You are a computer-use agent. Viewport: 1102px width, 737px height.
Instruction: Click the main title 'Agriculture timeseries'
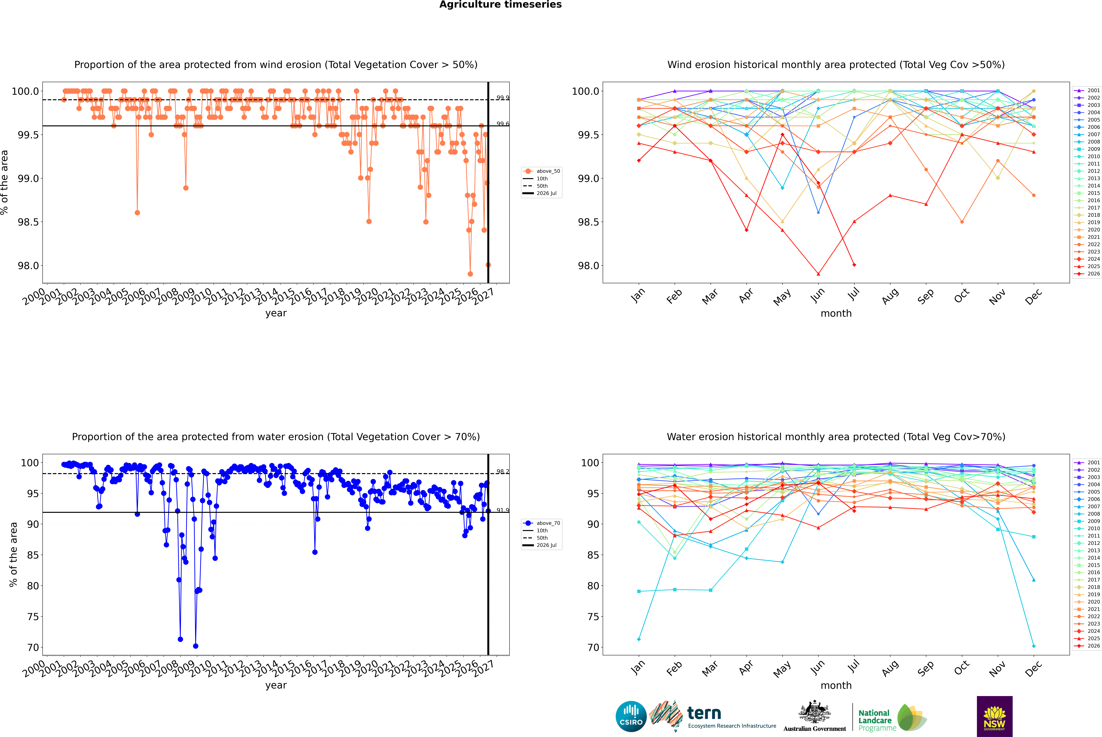point(500,5)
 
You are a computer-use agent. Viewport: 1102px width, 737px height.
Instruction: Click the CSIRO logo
point(631,716)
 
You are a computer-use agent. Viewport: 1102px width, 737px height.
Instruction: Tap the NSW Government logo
point(994,716)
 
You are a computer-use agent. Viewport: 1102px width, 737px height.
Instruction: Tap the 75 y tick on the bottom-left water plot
point(33,617)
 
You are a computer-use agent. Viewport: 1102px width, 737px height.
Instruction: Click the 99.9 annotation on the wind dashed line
point(503,98)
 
